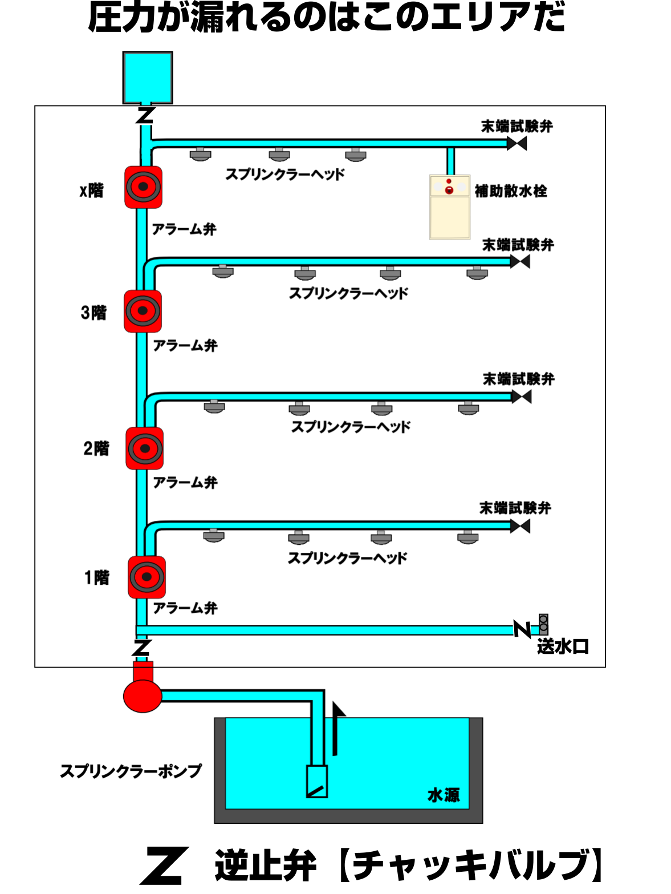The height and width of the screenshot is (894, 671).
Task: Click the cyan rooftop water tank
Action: coord(148,78)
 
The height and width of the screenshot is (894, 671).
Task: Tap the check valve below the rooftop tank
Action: coord(147,116)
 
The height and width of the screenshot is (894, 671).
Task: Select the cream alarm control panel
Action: coord(450,207)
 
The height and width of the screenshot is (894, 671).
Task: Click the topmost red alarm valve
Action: coord(143,187)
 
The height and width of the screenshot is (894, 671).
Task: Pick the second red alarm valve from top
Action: coord(143,311)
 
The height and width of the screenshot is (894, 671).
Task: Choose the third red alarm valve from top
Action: coord(144,448)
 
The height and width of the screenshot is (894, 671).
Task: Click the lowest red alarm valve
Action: coord(147,577)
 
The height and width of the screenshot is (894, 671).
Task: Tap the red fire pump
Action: coord(143,694)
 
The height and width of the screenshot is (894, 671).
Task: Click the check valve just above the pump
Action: coord(141,648)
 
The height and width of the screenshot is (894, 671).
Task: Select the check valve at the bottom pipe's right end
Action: coord(522,628)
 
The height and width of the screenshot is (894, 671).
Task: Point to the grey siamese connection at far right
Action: coord(543,624)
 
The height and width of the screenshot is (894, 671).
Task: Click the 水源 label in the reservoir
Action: coord(444,795)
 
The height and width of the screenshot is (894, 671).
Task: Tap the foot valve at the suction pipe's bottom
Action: coord(317,782)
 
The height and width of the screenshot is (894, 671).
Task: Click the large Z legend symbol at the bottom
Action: coord(162,867)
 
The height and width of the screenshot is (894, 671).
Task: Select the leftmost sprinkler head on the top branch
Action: coord(200,154)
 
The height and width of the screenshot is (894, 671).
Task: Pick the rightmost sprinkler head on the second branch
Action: coord(477,273)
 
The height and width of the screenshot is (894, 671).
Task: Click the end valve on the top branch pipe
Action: coord(517,143)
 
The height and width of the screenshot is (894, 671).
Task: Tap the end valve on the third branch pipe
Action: coord(521,397)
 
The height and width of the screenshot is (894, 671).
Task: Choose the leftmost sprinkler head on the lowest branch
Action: coord(213,535)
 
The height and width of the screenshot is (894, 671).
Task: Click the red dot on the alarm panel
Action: coord(449,189)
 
